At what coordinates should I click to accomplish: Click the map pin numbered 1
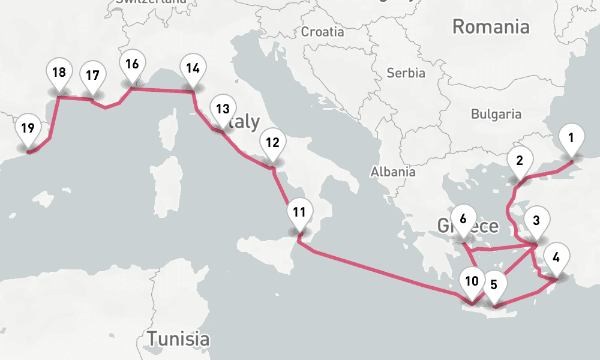click(571, 138)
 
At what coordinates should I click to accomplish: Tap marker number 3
click(536, 220)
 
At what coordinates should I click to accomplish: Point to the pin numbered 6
click(463, 219)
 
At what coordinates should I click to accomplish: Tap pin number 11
click(300, 212)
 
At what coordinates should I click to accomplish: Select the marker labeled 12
click(272, 143)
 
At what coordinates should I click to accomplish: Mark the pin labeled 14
click(193, 68)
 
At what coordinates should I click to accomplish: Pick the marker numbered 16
click(132, 64)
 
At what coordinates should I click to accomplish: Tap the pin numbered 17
click(92, 76)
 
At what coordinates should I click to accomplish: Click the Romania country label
click(491, 26)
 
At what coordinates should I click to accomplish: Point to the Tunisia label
click(179, 338)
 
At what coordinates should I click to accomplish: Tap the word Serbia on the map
click(406, 73)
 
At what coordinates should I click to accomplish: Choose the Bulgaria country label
click(496, 113)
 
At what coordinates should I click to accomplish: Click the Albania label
click(393, 172)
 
